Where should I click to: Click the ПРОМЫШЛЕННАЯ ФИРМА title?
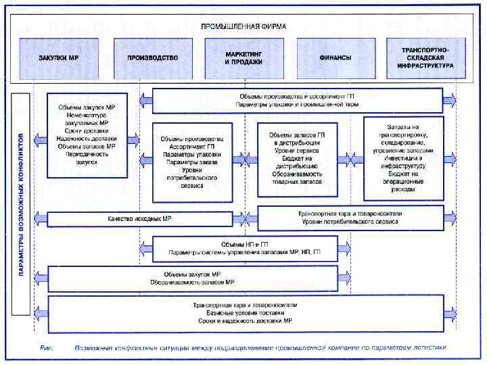pyautogui.click(x=243, y=26)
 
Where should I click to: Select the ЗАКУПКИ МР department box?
pyautogui.click(x=58, y=58)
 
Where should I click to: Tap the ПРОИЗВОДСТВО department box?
pyautogui.click(x=152, y=58)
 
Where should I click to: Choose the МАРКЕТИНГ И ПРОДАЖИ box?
pyautogui.click(x=243, y=57)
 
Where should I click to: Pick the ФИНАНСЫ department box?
pyautogui.click(x=335, y=58)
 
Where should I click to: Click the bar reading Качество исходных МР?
pyautogui.click(x=139, y=219)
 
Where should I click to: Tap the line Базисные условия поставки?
pyautogui.click(x=245, y=312)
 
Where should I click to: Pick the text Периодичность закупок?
pyautogui.click(x=87, y=157)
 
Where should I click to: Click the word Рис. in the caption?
pyautogui.click(x=47, y=348)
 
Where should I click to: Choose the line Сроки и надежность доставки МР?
pyautogui.click(x=245, y=320)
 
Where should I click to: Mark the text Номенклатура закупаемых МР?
pyautogui.click(x=87, y=120)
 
